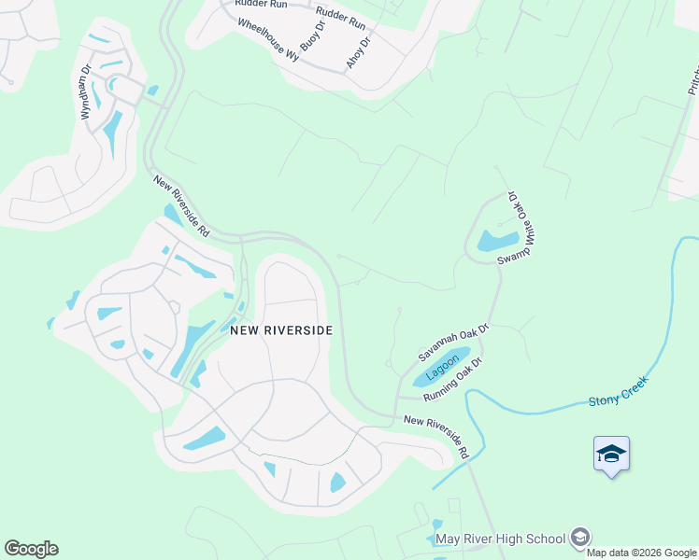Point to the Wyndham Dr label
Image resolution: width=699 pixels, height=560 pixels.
click(86, 91)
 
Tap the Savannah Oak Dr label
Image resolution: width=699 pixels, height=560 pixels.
click(453, 342)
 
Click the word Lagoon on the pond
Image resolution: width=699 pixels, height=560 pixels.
click(443, 364)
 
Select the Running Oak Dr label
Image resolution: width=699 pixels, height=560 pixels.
click(451, 380)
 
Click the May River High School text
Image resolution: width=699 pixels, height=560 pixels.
click(500, 539)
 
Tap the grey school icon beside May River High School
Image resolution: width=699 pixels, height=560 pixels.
click(580, 537)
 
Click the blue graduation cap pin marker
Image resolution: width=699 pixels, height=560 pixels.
click(611, 455)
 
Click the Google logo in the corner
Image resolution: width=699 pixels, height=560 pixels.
click(31, 549)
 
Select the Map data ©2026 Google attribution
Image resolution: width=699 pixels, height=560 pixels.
click(641, 553)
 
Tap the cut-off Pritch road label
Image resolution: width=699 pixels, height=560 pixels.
click(693, 79)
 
